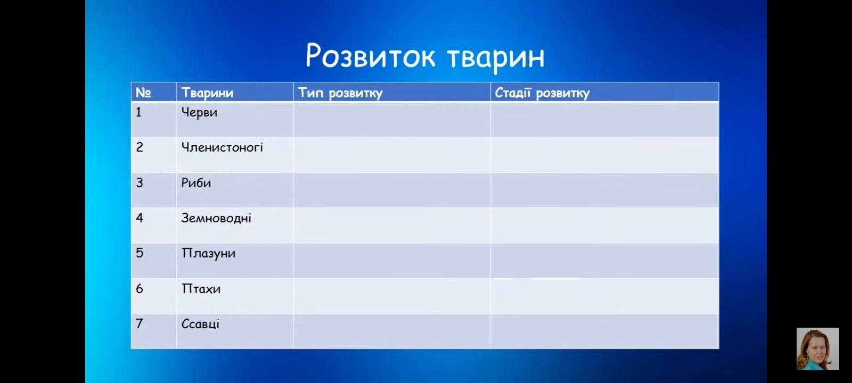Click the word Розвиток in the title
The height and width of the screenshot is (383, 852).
point(371,56)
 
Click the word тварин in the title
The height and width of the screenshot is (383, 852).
point(496,58)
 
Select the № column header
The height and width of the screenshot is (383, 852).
point(143,93)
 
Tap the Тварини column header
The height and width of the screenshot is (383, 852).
point(207,93)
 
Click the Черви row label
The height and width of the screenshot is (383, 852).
point(199,113)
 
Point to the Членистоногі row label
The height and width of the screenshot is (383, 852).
point(222,147)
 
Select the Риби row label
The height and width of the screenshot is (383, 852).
point(196,183)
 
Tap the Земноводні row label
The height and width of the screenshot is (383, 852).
point(216,219)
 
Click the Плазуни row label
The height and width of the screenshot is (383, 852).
point(208,254)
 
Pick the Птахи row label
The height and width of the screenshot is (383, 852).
point(201,289)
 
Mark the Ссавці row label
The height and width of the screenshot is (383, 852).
point(200,324)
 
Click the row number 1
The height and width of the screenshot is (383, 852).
point(138,112)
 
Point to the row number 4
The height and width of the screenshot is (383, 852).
point(140,218)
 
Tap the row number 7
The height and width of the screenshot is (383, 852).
point(140,324)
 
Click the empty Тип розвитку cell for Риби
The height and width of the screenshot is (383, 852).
point(392,190)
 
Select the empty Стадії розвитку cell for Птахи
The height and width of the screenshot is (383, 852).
point(605,296)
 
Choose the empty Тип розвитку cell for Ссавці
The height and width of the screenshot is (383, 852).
point(392,331)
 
